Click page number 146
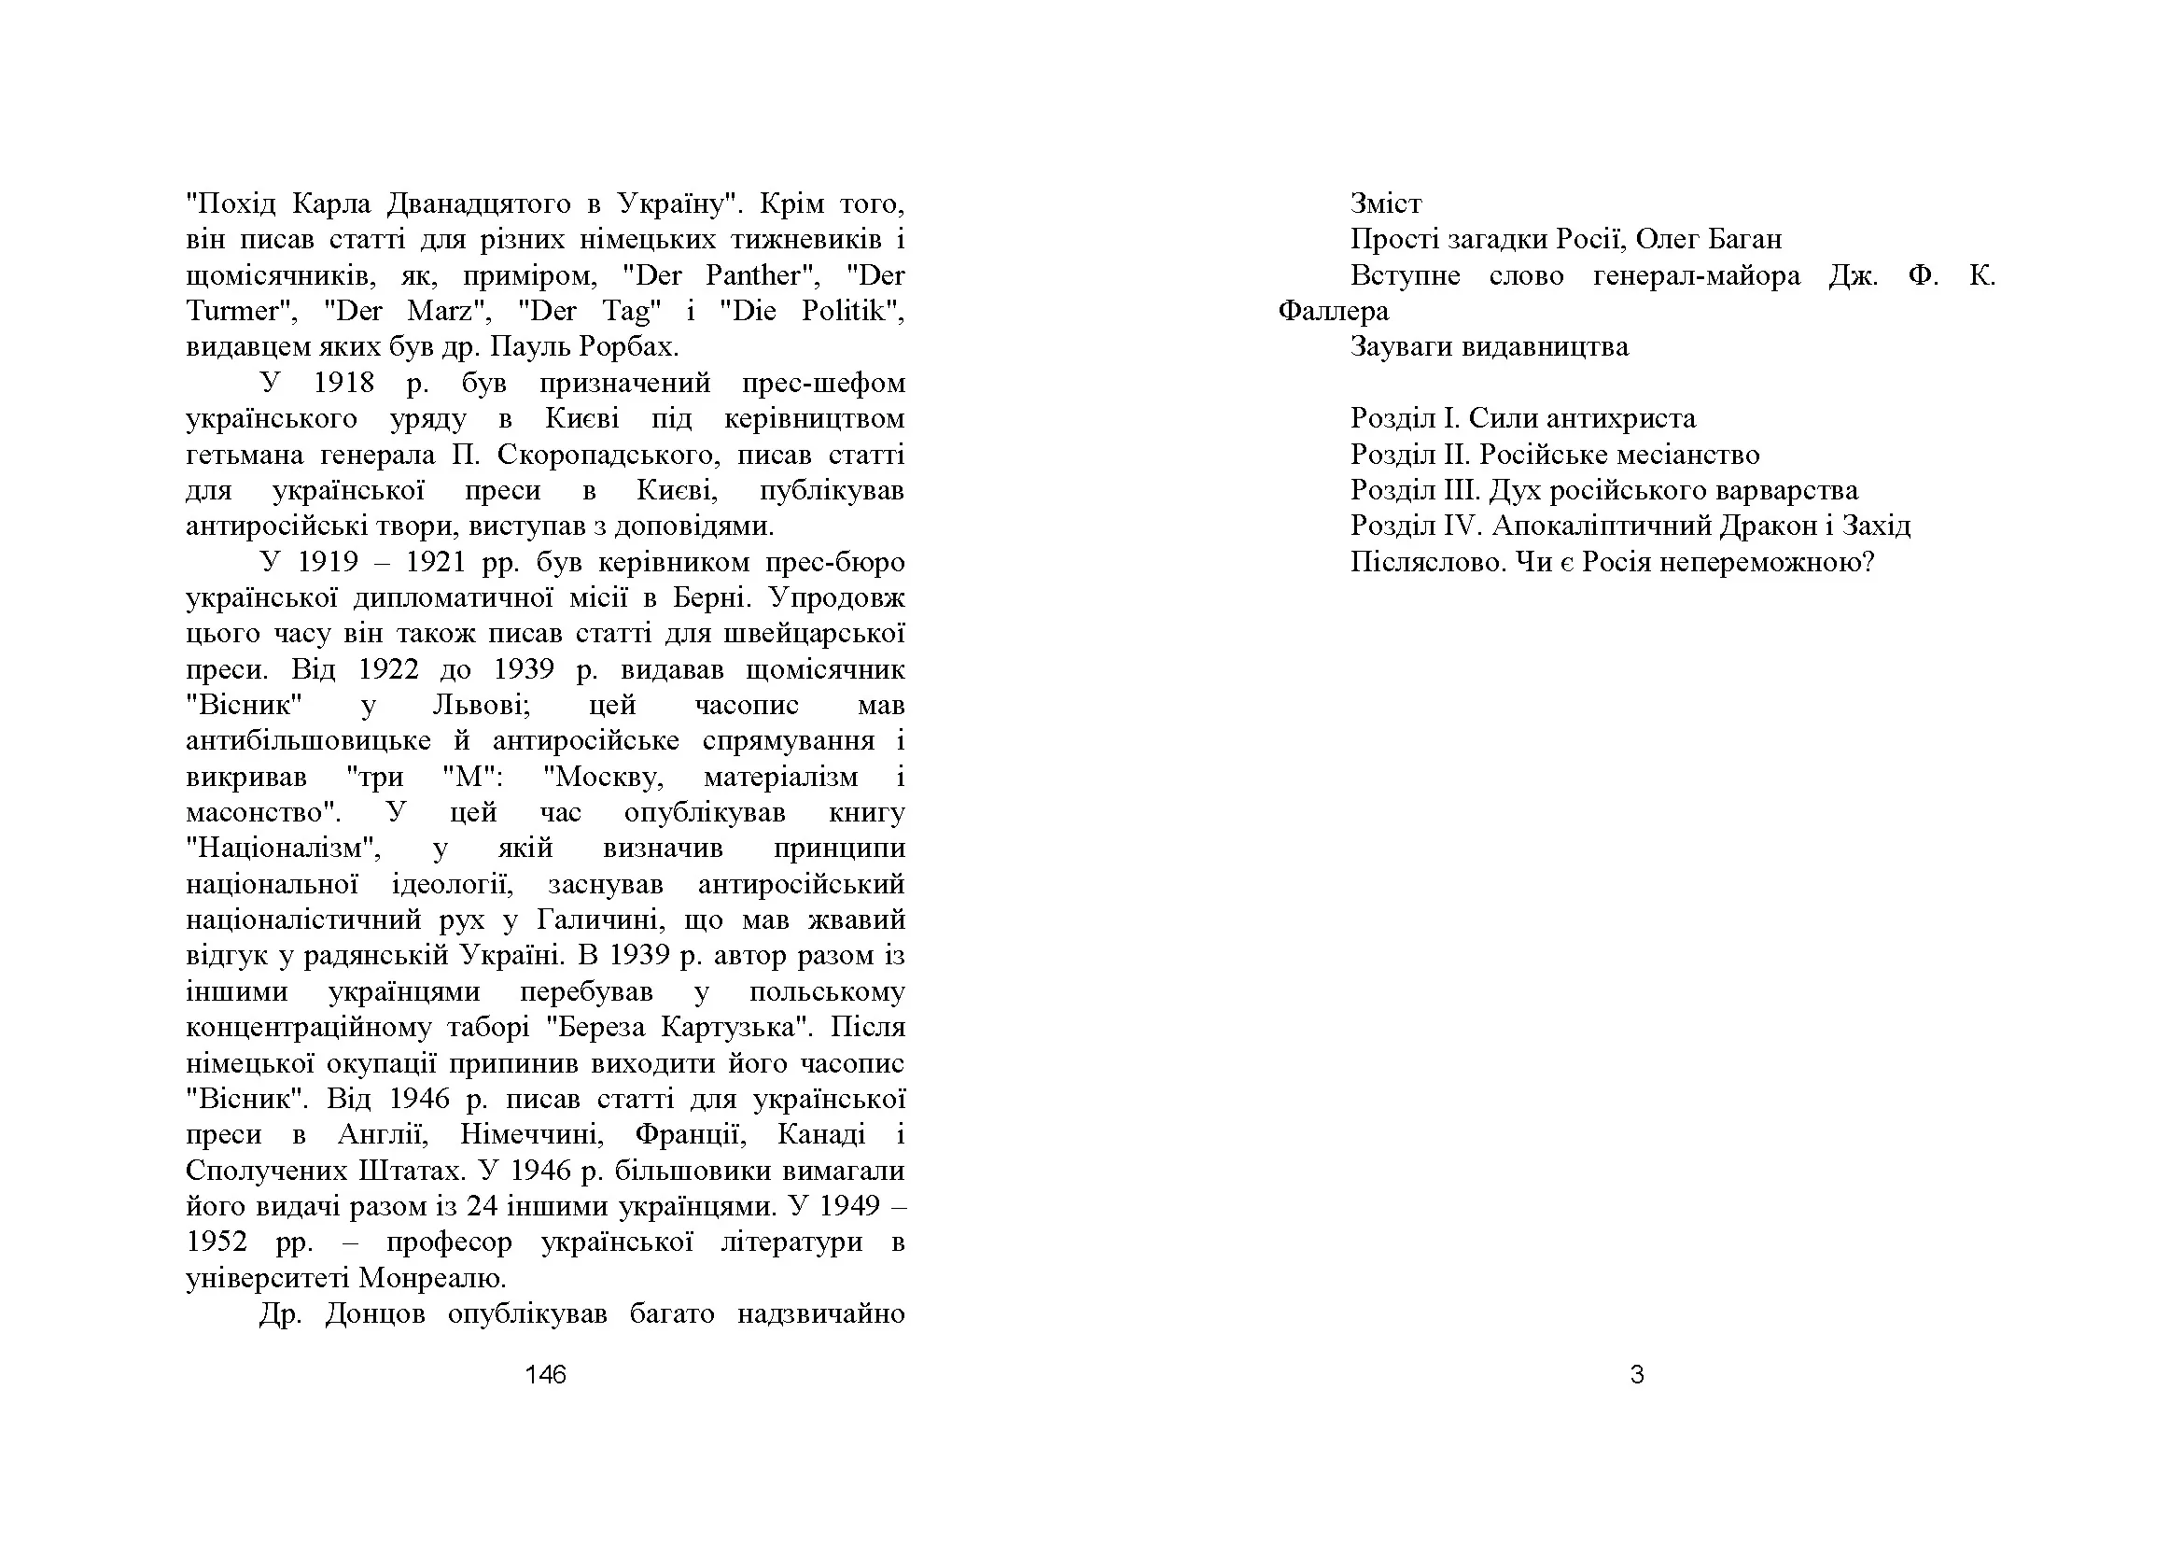[x=545, y=1374]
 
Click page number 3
[x=1636, y=1374]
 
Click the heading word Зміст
[x=1385, y=204]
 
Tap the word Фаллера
[x=1333, y=311]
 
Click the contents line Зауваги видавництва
[x=1489, y=346]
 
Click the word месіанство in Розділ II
[x=1687, y=455]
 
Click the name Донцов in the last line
[x=374, y=1314]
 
